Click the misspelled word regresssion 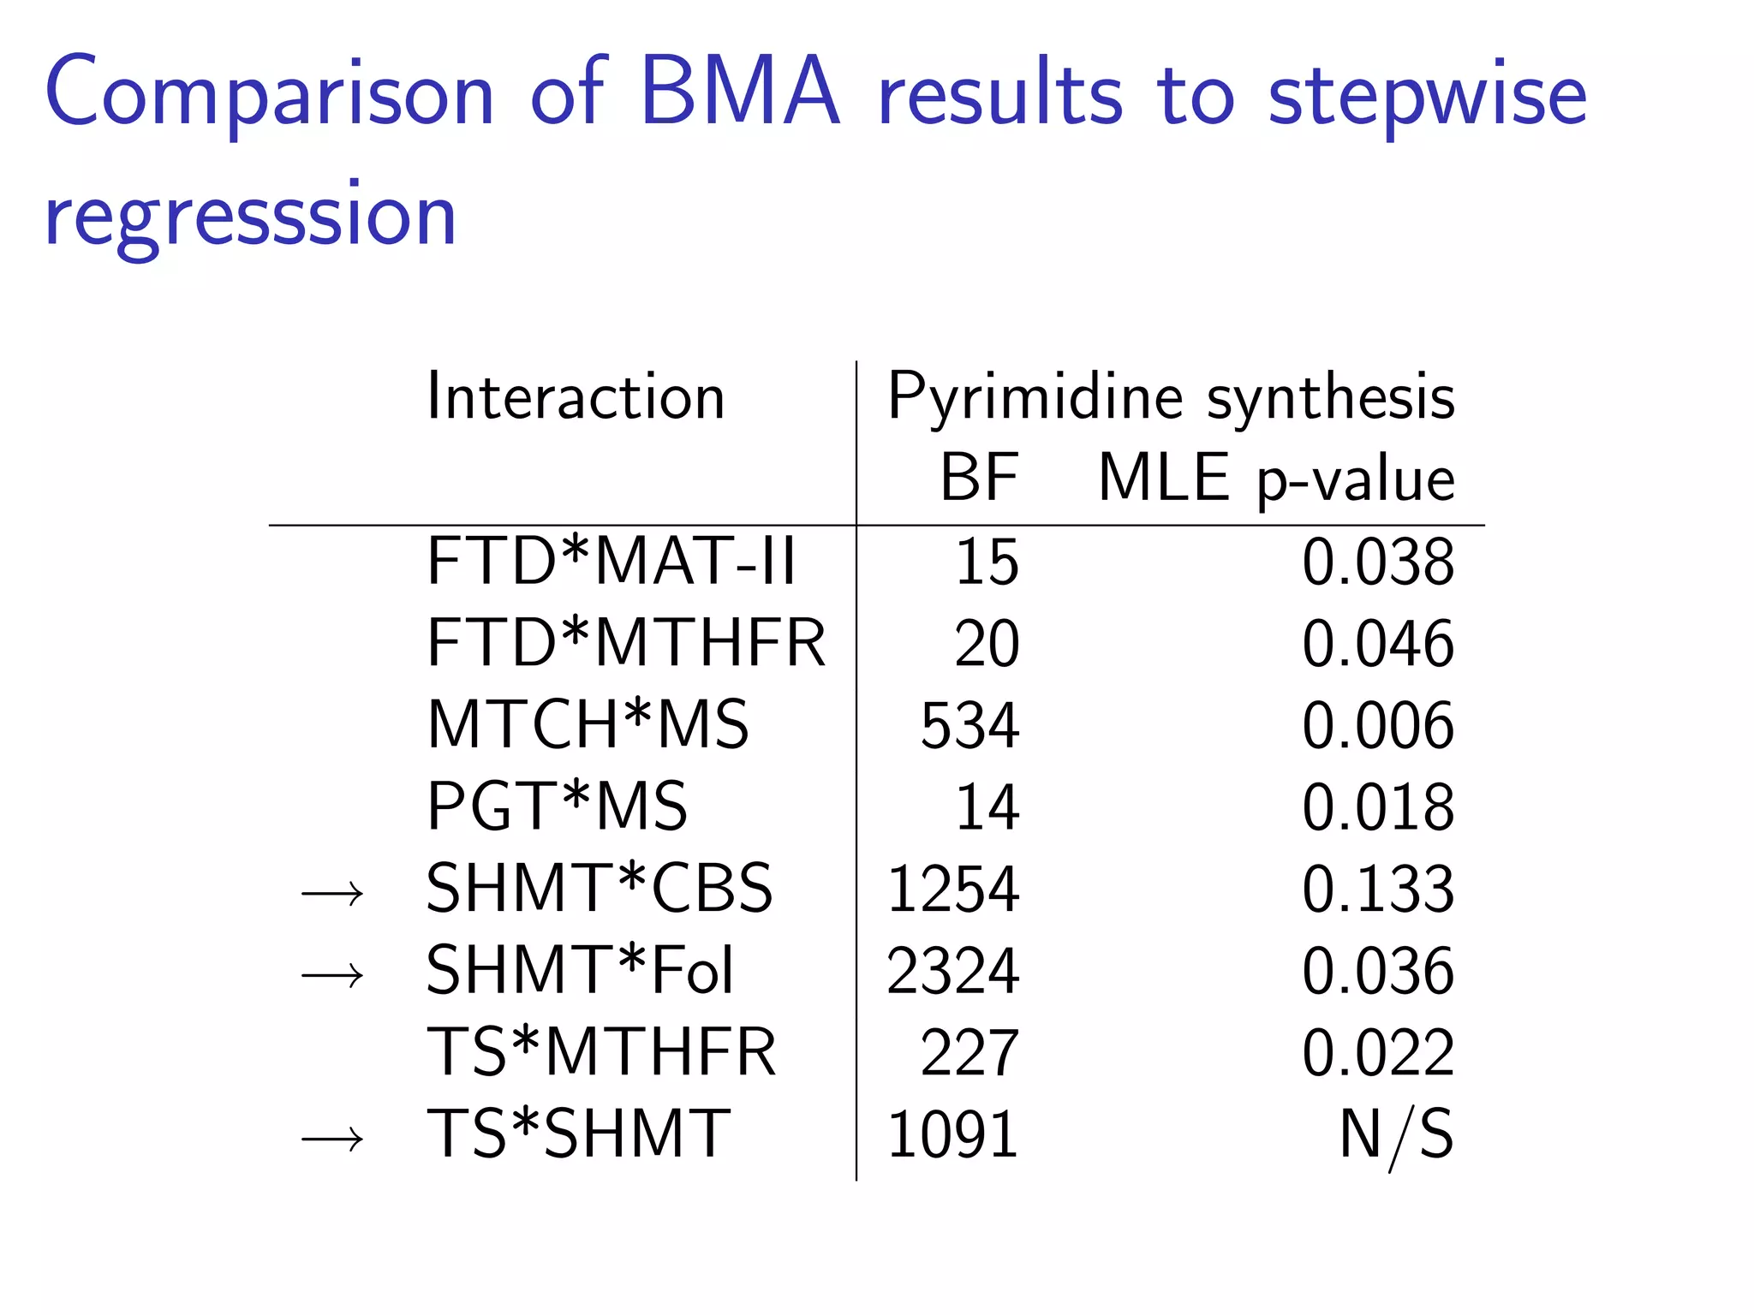pyautogui.click(x=250, y=217)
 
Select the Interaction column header pyautogui.click(x=576, y=396)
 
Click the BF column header pyautogui.click(x=979, y=478)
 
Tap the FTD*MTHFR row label pyautogui.click(x=626, y=644)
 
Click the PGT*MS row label pyautogui.click(x=557, y=807)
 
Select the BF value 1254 pyautogui.click(x=952, y=890)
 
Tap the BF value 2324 pyautogui.click(x=952, y=972)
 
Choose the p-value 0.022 pyautogui.click(x=1377, y=1053)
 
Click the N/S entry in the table pyautogui.click(x=1396, y=1135)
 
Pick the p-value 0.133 pyautogui.click(x=1377, y=890)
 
